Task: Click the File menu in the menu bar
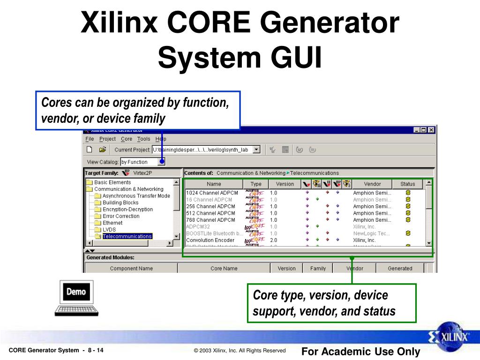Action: (x=90, y=139)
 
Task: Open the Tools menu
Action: (x=143, y=139)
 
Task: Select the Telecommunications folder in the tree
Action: (x=127, y=236)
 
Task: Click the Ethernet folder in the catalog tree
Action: (x=112, y=223)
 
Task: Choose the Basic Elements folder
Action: (x=112, y=182)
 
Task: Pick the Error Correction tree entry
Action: (x=121, y=216)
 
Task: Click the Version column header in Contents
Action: (x=285, y=184)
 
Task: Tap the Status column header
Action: (x=407, y=184)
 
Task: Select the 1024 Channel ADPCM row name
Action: (x=212, y=193)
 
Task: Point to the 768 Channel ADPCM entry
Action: (x=210, y=220)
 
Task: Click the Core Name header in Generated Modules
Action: (x=224, y=269)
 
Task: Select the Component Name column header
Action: (x=131, y=269)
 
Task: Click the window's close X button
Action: (x=431, y=130)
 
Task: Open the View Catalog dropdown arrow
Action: (x=161, y=162)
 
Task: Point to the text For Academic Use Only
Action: (x=360, y=352)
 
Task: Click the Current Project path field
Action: (x=202, y=150)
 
